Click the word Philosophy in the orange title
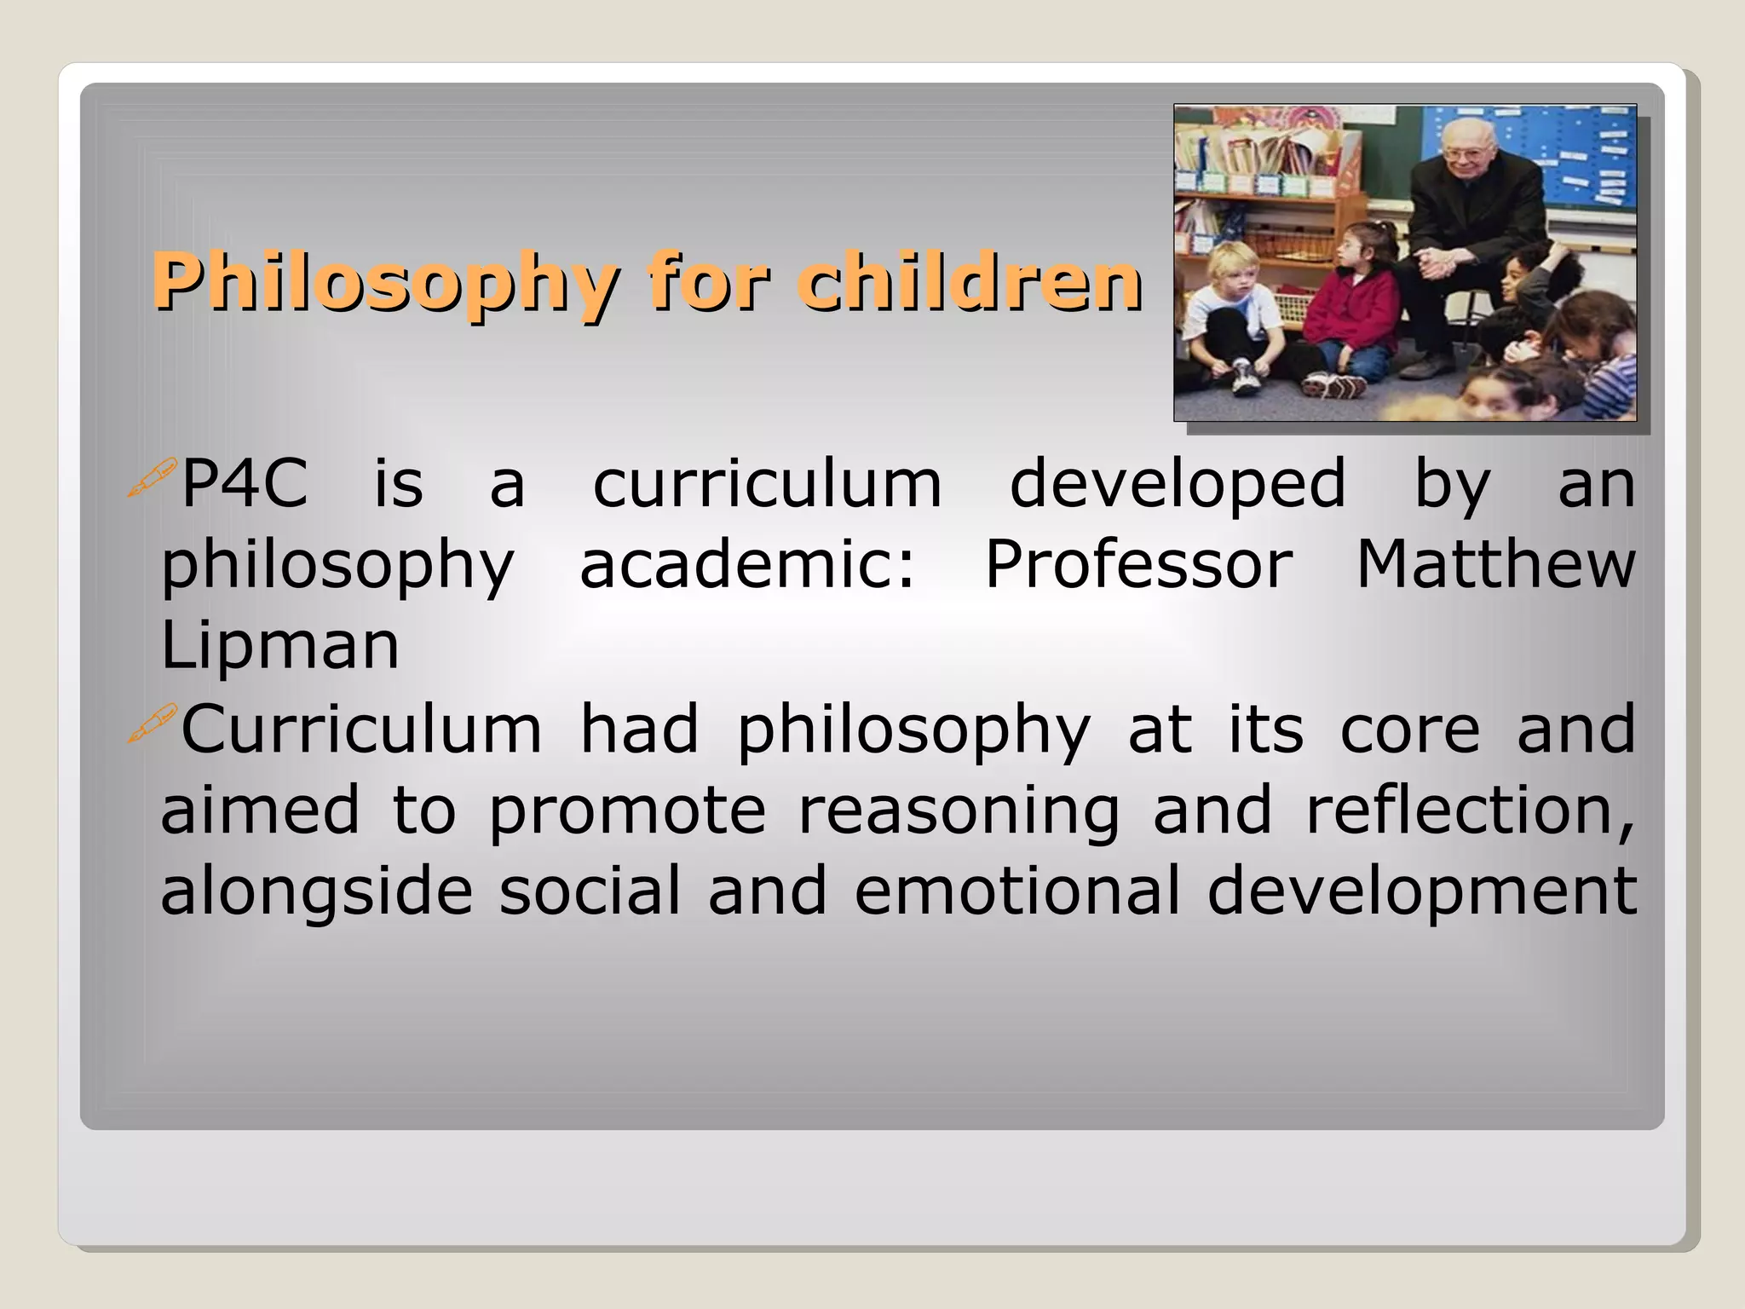point(385,284)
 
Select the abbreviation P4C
point(245,484)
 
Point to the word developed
point(1178,484)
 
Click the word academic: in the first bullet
point(747,564)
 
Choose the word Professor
point(1138,564)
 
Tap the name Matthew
point(1495,564)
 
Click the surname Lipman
point(279,645)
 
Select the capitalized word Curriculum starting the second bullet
point(361,729)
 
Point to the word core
point(1410,729)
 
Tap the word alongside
point(316,891)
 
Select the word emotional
point(1017,891)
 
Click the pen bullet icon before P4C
point(152,477)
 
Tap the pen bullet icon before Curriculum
point(152,724)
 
